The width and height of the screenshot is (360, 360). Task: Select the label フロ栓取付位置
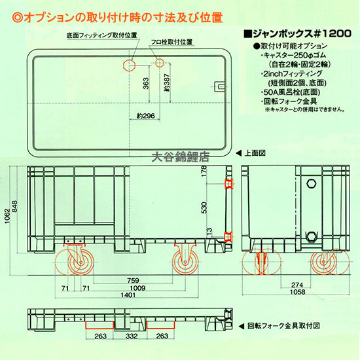171,42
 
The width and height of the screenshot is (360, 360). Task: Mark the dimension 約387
168,82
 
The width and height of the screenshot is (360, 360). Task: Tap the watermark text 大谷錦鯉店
179,157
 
